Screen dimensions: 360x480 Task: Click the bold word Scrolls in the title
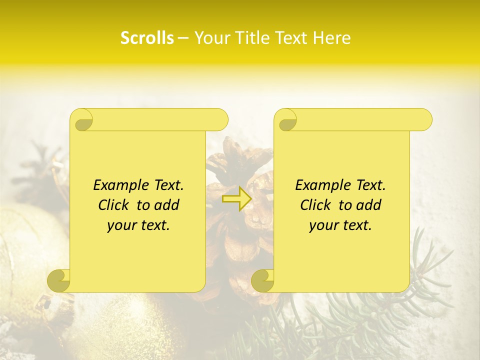pyautogui.click(x=147, y=38)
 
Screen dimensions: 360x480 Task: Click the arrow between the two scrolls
pyautogui.click(x=237, y=199)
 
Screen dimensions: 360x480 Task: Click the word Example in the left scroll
pyautogui.click(x=118, y=185)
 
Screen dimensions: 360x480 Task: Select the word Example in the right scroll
pyautogui.click(x=320, y=185)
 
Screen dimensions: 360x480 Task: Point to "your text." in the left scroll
pyautogui.click(x=138, y=225)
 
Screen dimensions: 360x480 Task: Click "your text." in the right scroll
pyautogui.click(x=340, y=225)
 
